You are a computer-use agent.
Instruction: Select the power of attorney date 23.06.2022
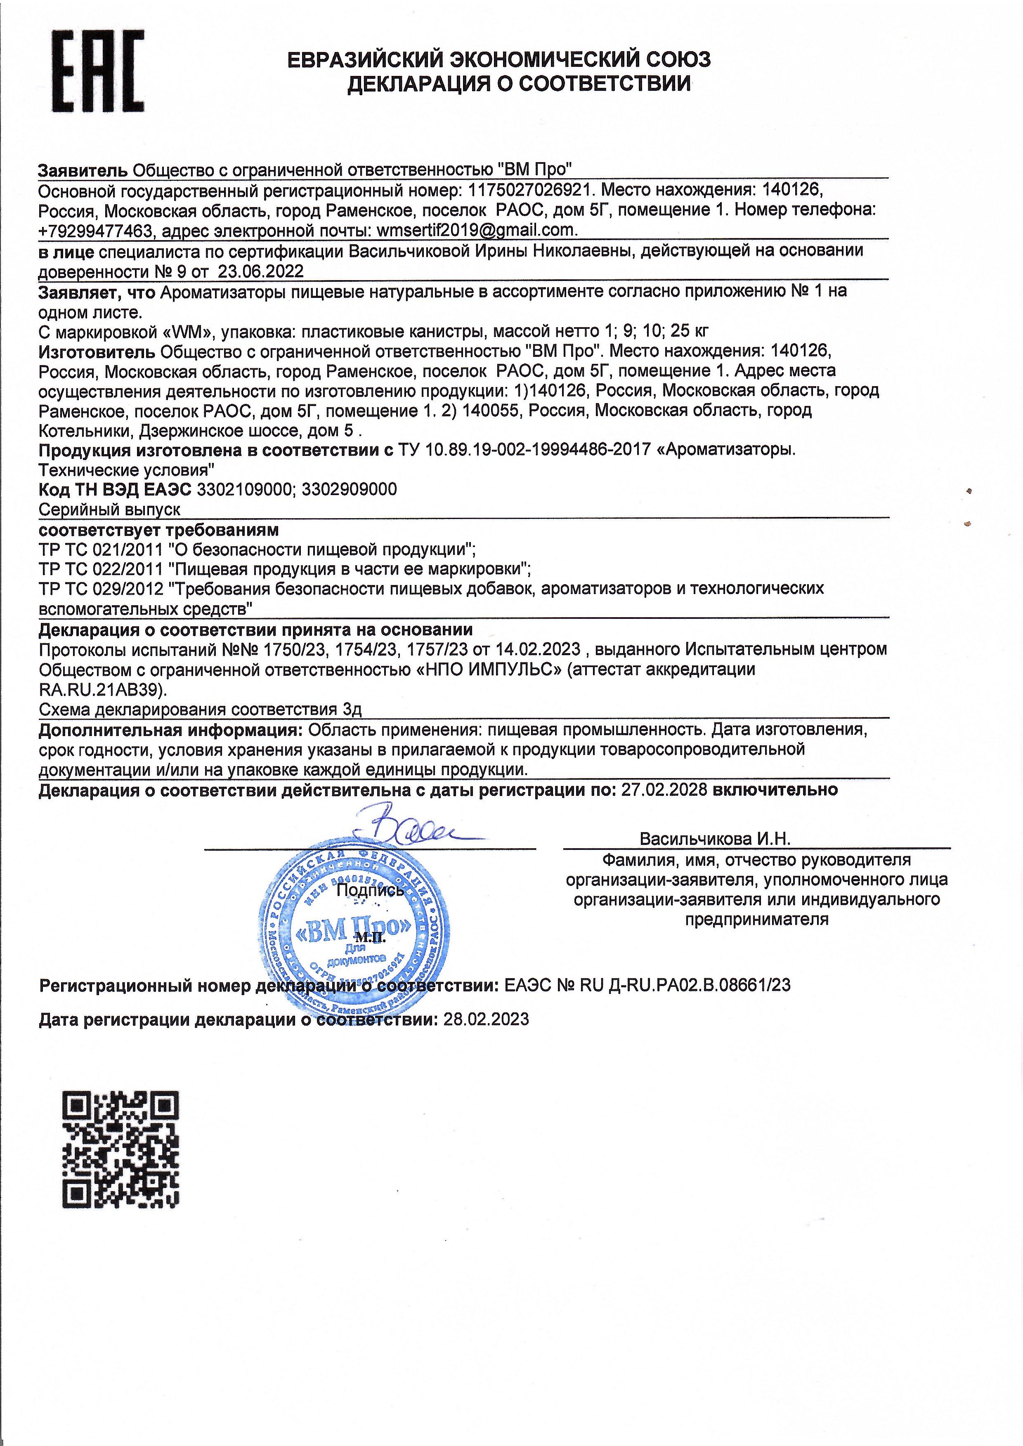[261, 271]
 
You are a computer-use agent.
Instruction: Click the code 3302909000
[350, 489]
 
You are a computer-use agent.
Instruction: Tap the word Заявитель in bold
[83, 170]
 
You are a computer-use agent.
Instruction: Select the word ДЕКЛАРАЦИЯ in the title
[418, 84]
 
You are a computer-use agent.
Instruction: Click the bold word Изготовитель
[97, 351]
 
